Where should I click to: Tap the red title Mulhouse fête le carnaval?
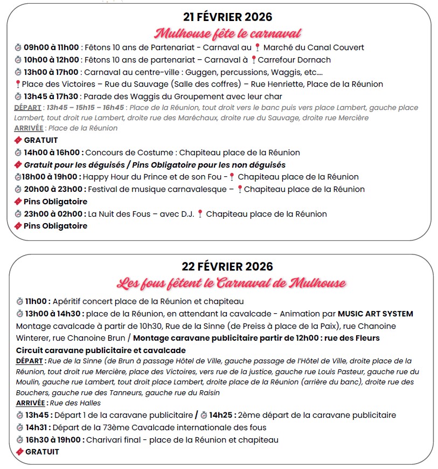tap(228, 33)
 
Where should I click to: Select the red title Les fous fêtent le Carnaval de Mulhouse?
tap(231, 283)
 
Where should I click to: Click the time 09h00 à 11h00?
tap(51, 47)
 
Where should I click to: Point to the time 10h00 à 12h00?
tap(51, 60)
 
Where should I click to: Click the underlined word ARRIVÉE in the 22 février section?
tap(30, 403)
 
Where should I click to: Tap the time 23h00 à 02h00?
tap(51, 214)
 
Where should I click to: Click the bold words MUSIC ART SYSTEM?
tap(375, 314)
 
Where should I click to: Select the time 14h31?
tap(39, 427)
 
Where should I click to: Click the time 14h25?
tap(221, 415)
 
